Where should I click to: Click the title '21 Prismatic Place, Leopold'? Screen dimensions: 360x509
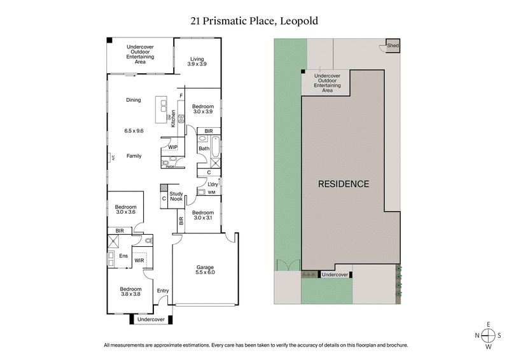(x=254, y=21)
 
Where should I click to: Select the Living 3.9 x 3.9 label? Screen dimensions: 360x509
(x=197, y=62)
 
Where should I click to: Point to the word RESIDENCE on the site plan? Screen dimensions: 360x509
(x=343, y=184)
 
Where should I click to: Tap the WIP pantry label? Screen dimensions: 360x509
(x=172, y=147)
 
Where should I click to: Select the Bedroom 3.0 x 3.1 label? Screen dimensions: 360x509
(x=202, y=215)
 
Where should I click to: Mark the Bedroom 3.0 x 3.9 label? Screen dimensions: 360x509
(x=202, y=109)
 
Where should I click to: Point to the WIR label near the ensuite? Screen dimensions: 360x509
(x=139, y=260)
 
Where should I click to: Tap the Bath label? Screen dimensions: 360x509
(x=204, y=149)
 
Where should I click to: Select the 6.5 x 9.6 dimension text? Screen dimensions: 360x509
(x=133, y=130)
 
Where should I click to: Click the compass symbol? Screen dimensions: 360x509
(x=488, y=335)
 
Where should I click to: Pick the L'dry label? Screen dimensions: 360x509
(x=213, y=184)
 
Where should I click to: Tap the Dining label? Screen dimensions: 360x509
(x=133, y=100)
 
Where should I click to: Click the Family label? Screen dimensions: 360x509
(x=133, y=156)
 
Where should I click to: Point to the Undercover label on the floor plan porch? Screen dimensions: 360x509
(x=151, y=319)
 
